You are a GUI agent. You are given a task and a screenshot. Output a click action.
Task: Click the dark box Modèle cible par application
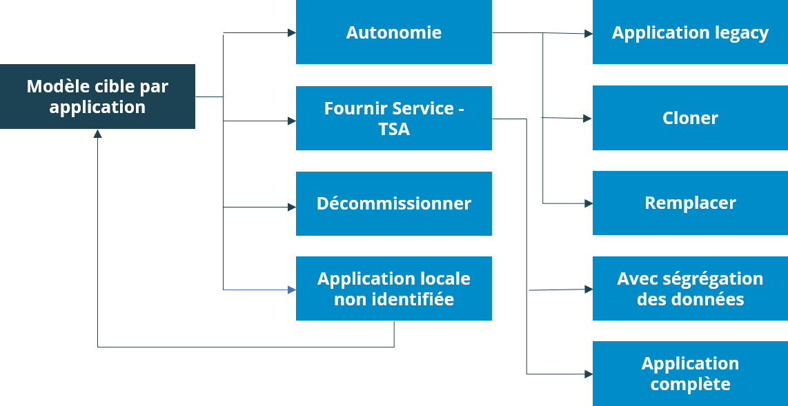pos(97,97)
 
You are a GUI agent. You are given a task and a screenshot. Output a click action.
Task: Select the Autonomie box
pos(393,32)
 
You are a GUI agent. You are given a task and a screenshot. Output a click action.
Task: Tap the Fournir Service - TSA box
pos(393,118)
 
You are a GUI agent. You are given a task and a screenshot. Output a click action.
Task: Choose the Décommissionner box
pos(393,203)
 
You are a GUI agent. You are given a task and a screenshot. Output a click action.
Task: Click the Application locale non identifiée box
pos(393,288)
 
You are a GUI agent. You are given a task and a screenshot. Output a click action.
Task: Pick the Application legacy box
pos(690,32)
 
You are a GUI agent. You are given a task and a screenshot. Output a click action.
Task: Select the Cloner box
pos(690,118)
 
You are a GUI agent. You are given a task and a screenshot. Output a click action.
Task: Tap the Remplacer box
pos(690,203)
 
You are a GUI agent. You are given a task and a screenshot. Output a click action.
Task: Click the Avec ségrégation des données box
pos(690,288)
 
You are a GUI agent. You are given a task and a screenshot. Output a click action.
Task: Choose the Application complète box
pos(690,374)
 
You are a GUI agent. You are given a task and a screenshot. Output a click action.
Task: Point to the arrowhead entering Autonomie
pos(291,33)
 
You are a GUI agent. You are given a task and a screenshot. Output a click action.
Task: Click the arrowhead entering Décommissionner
pos(291,207)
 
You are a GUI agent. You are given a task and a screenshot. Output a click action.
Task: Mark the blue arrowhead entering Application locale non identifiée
pos(291,290)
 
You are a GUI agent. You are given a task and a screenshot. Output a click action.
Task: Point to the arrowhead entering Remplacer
pos(588,203)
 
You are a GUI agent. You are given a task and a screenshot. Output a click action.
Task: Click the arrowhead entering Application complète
pos(588,374)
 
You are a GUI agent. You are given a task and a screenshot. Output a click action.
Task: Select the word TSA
pos(394,129)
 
